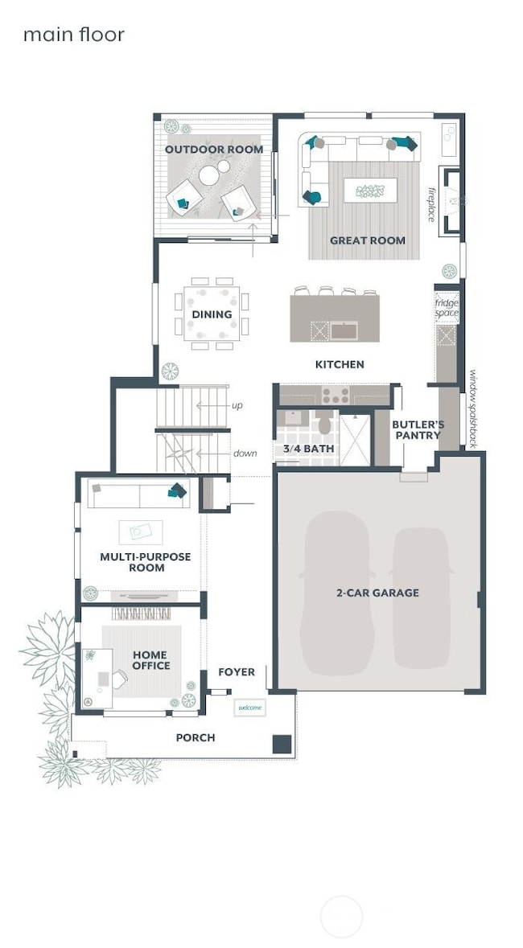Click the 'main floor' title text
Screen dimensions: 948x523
73,35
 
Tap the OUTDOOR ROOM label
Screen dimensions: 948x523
214,150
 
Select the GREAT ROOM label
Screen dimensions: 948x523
368,240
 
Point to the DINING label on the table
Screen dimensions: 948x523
212,314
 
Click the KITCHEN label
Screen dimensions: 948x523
340,364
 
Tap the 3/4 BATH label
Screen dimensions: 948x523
308,449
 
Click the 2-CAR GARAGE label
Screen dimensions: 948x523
377,593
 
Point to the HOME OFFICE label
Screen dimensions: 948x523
151,660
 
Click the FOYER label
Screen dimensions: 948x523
237,671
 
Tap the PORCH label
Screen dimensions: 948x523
196,737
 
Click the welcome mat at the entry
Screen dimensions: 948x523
249,708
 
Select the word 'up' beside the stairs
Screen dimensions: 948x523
237,406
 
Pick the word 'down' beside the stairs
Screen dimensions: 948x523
245,453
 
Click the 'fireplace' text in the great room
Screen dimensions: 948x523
431,204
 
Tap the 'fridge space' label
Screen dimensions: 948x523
447,308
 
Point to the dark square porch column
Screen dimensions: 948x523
282,745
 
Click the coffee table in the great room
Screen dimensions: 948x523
370,191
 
